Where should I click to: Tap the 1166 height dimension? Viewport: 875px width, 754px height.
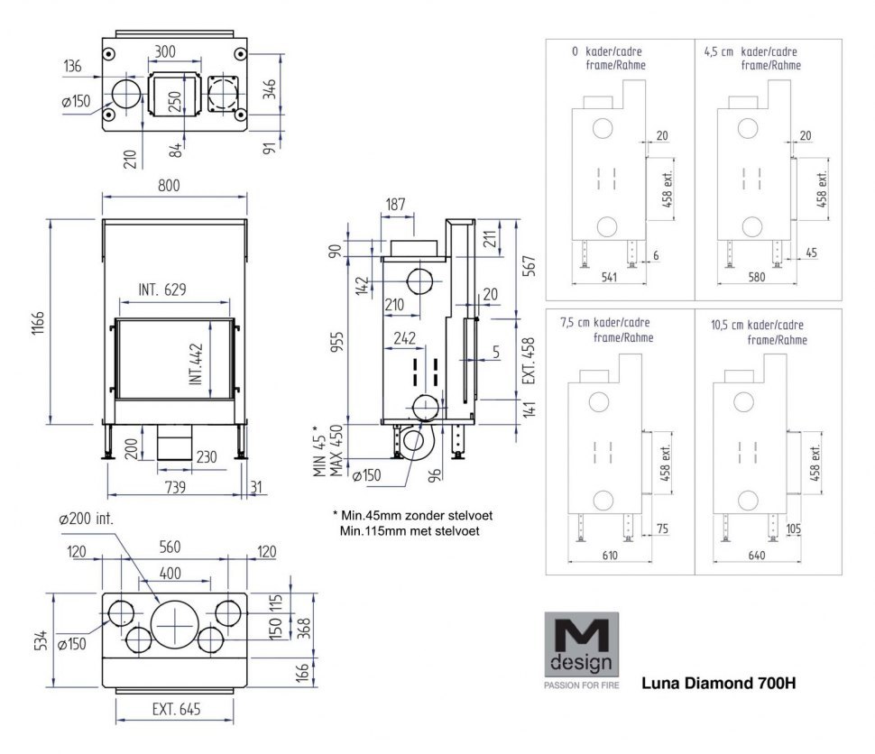[37, 321]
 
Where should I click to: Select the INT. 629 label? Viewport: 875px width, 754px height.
[162, 290]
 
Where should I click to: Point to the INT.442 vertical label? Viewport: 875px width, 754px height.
[196, 364]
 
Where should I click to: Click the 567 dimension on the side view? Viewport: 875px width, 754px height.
[532, 267]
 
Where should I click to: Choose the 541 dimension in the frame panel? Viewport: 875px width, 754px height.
[609, 277]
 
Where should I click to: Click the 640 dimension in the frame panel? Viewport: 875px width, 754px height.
[756, 556]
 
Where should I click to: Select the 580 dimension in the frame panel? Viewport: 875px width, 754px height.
[756, 277]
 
